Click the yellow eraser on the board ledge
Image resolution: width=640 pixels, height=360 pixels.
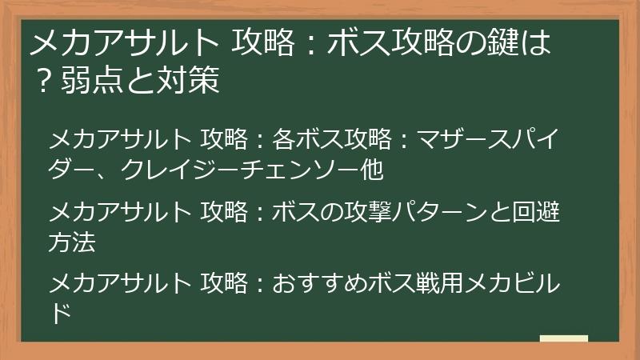[x=563, y=340]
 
